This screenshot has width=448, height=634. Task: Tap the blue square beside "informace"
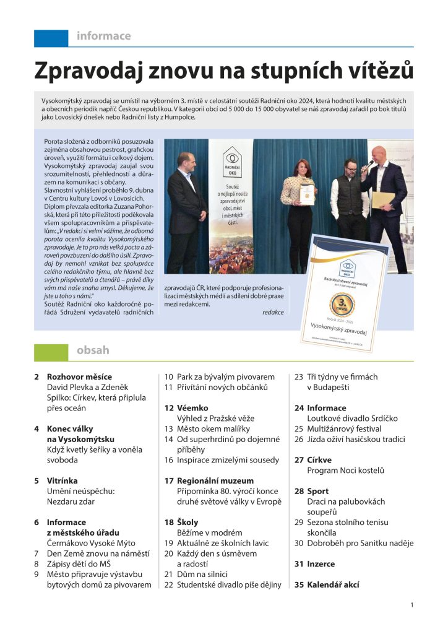click(51, 37)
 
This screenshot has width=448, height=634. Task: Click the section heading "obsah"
click(93, 351)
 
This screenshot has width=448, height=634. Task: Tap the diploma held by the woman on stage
click(308, 193)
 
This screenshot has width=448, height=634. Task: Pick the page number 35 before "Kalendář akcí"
click(298, 584)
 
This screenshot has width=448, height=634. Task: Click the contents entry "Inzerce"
click(321, 564)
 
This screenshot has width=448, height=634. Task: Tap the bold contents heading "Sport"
click(317, 491)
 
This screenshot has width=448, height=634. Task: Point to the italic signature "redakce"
click(272, 312)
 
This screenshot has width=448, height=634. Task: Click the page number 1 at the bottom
click(411, 605)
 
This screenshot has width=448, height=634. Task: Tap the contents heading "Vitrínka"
click(62, 480)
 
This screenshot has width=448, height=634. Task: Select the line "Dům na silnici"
click(203, 574)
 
